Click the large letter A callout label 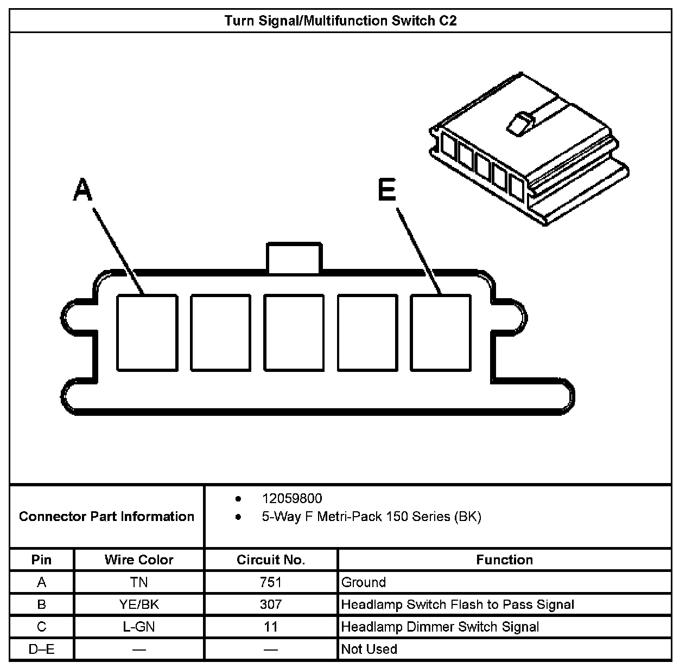(x=82, y=191)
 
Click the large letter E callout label (x=386, y=191)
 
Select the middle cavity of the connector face (x=294, y=333)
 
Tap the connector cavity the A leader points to (x=147, y=333)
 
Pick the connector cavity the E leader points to (x=440, y=333)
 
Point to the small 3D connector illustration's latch (x=518, y=123)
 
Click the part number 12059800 (x=292, y=498)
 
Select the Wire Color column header (x=139, y=559)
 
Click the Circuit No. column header (x=271, y=559)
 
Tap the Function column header (x=504, y=559)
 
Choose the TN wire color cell (x=139, y=582)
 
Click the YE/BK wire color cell (x=139, y=604)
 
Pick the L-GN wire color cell (x=139, y=627)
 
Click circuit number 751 (x=271, y=582)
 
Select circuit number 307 (x=271, y=604)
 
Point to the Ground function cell (x=364, y=582)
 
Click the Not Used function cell (x=369, y=649)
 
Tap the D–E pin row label (x=41, y=649)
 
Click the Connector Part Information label (x=106, y=516)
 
